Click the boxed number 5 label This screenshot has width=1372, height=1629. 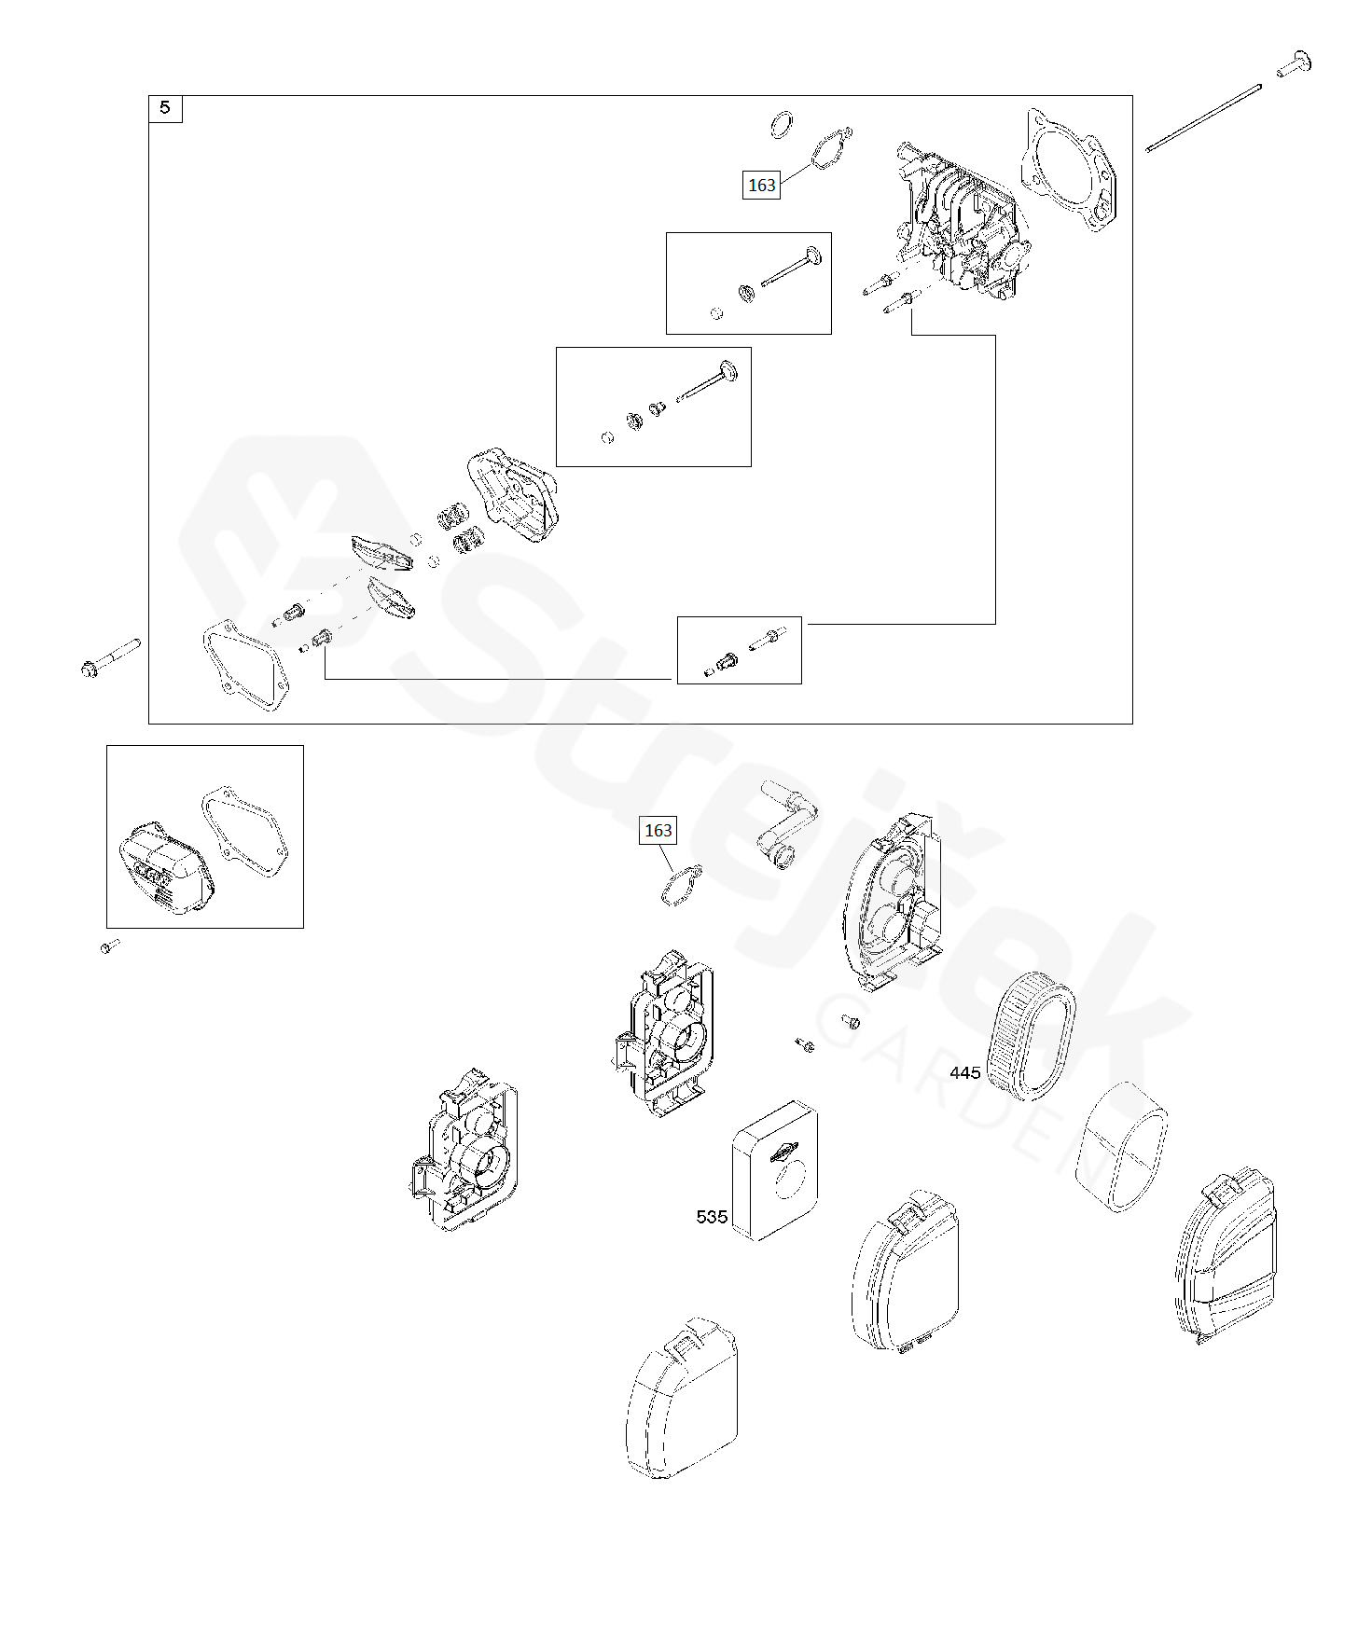(x=165, y=108)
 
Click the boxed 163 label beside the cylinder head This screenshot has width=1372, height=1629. (x=761, y=185)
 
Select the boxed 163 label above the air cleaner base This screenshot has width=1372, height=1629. (x=658, y=830)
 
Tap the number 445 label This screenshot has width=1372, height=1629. (x=964, y=1072)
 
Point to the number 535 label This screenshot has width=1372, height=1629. (x=711, y=1216)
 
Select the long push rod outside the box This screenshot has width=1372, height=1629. (x=1203, y=117)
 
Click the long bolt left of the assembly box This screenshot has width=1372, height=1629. (x=110, y=656)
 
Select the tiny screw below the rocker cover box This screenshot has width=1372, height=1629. (x=109, y=946)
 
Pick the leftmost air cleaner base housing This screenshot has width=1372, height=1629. (x=463, y=1156)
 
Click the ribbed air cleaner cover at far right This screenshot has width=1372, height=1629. (x=1226, y=1254)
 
